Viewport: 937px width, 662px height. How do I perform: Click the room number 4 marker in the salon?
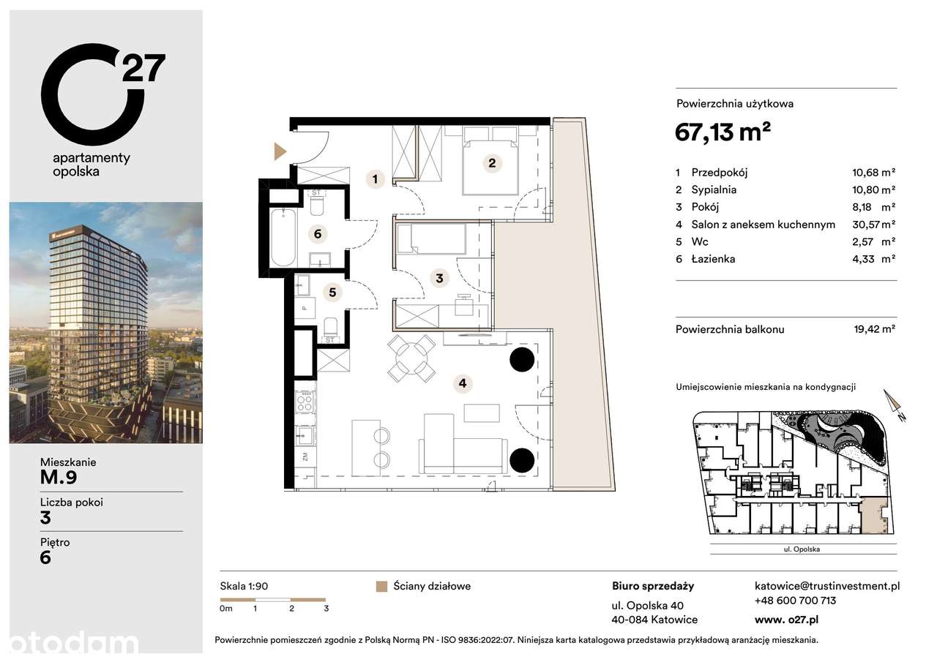pos(462,383)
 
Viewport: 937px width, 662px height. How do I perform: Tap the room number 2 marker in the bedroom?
pos(492,163)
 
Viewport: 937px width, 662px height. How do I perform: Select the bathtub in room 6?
pos(284,238)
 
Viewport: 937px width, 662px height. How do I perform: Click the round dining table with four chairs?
pos(411,358)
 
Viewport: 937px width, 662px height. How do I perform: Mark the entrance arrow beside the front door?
pos(280,151)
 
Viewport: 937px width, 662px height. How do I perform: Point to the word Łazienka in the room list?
pos(714,259)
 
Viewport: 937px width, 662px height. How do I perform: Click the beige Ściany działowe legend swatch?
pos(380,586)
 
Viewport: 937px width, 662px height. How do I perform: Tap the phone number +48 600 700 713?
pos(795,601)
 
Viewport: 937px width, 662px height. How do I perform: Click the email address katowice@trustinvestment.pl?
pos(827,586)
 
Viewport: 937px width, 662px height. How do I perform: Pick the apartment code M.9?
pos(59,478)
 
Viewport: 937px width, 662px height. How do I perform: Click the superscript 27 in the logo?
pos(143,69)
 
